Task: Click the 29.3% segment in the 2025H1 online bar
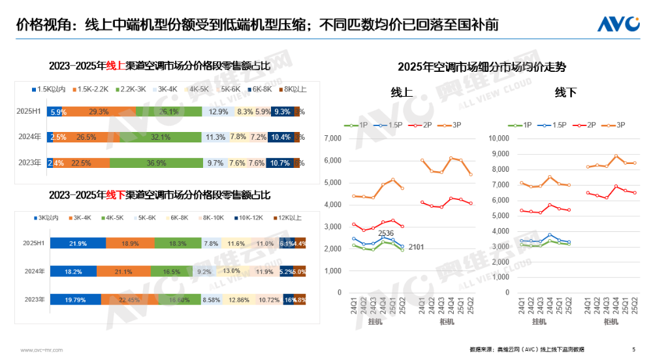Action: (99, 112)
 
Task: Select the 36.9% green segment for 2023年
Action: (155, 162)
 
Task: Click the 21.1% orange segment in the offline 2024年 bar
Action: (123, 271)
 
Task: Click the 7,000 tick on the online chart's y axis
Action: (333, 139)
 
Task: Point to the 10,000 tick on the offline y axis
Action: (498, 139)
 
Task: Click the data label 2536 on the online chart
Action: (386, 233)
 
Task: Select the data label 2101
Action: (416, 247)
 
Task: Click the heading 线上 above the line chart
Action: (401, 92)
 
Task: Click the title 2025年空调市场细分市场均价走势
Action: (482, 66)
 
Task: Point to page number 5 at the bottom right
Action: (633, 350)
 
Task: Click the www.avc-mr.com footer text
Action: (41, 350)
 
